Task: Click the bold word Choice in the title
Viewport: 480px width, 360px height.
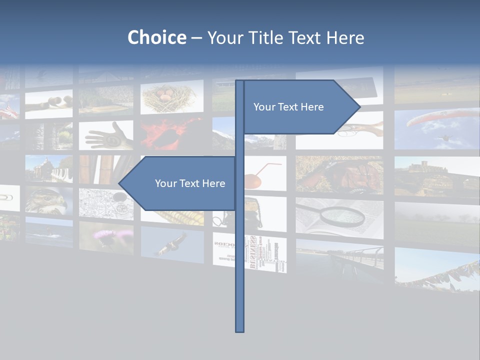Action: point(156,37)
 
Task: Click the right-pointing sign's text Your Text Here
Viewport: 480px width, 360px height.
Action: point(288,107)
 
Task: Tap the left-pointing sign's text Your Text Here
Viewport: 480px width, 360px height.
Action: point(190,183)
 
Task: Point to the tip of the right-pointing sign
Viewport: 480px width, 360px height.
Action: point(359,106)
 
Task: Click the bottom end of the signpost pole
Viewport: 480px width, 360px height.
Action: point(239,330)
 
